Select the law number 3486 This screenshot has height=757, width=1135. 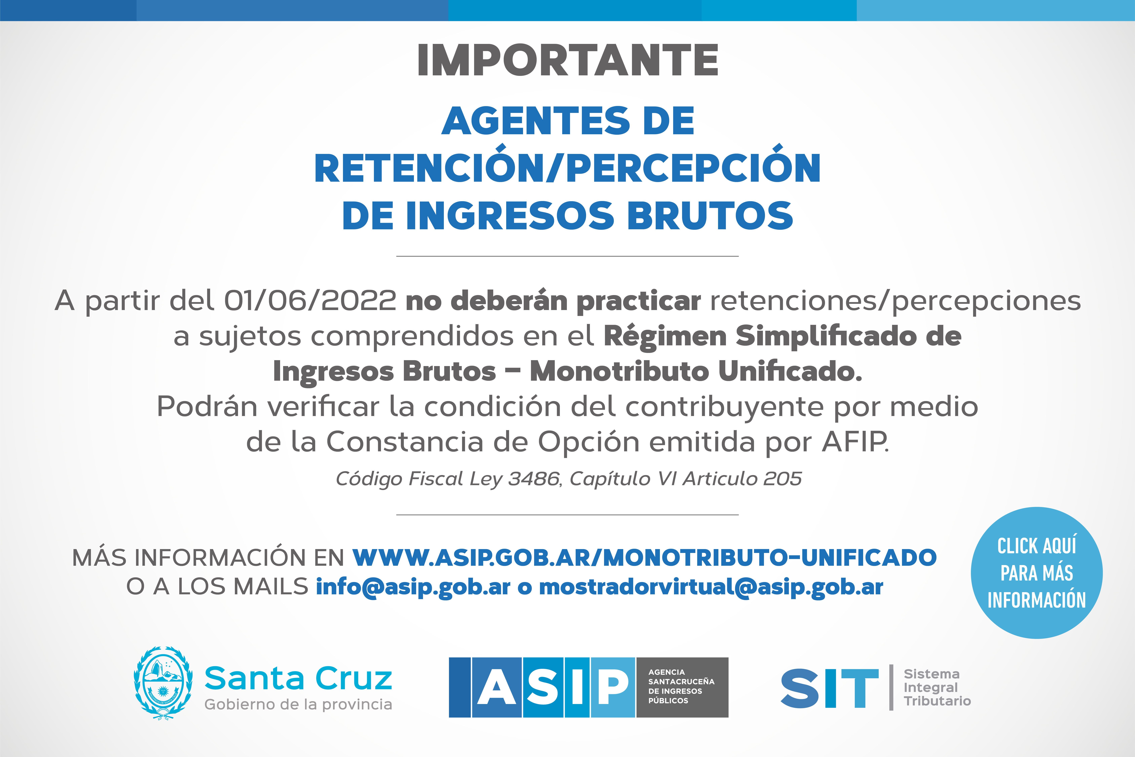(534, 478)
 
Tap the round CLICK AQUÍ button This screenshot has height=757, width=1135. (1037, 573)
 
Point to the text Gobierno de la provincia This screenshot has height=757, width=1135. (298, 704)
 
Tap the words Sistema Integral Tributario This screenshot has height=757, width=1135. (937, 688)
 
